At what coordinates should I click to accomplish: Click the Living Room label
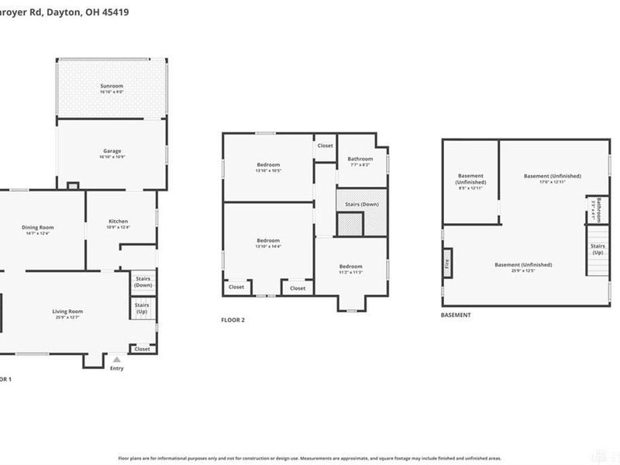[67, 313]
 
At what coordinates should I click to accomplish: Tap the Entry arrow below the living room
[116, 360]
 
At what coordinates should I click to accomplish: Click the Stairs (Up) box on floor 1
[143, 308]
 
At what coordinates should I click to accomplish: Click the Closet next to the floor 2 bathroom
[325, 146]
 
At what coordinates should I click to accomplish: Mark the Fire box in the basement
[447, 263]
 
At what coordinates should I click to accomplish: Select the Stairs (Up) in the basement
[598, 250]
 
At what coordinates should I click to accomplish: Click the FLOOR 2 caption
[232, 319]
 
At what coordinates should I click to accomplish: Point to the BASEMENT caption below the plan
[456, 315]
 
